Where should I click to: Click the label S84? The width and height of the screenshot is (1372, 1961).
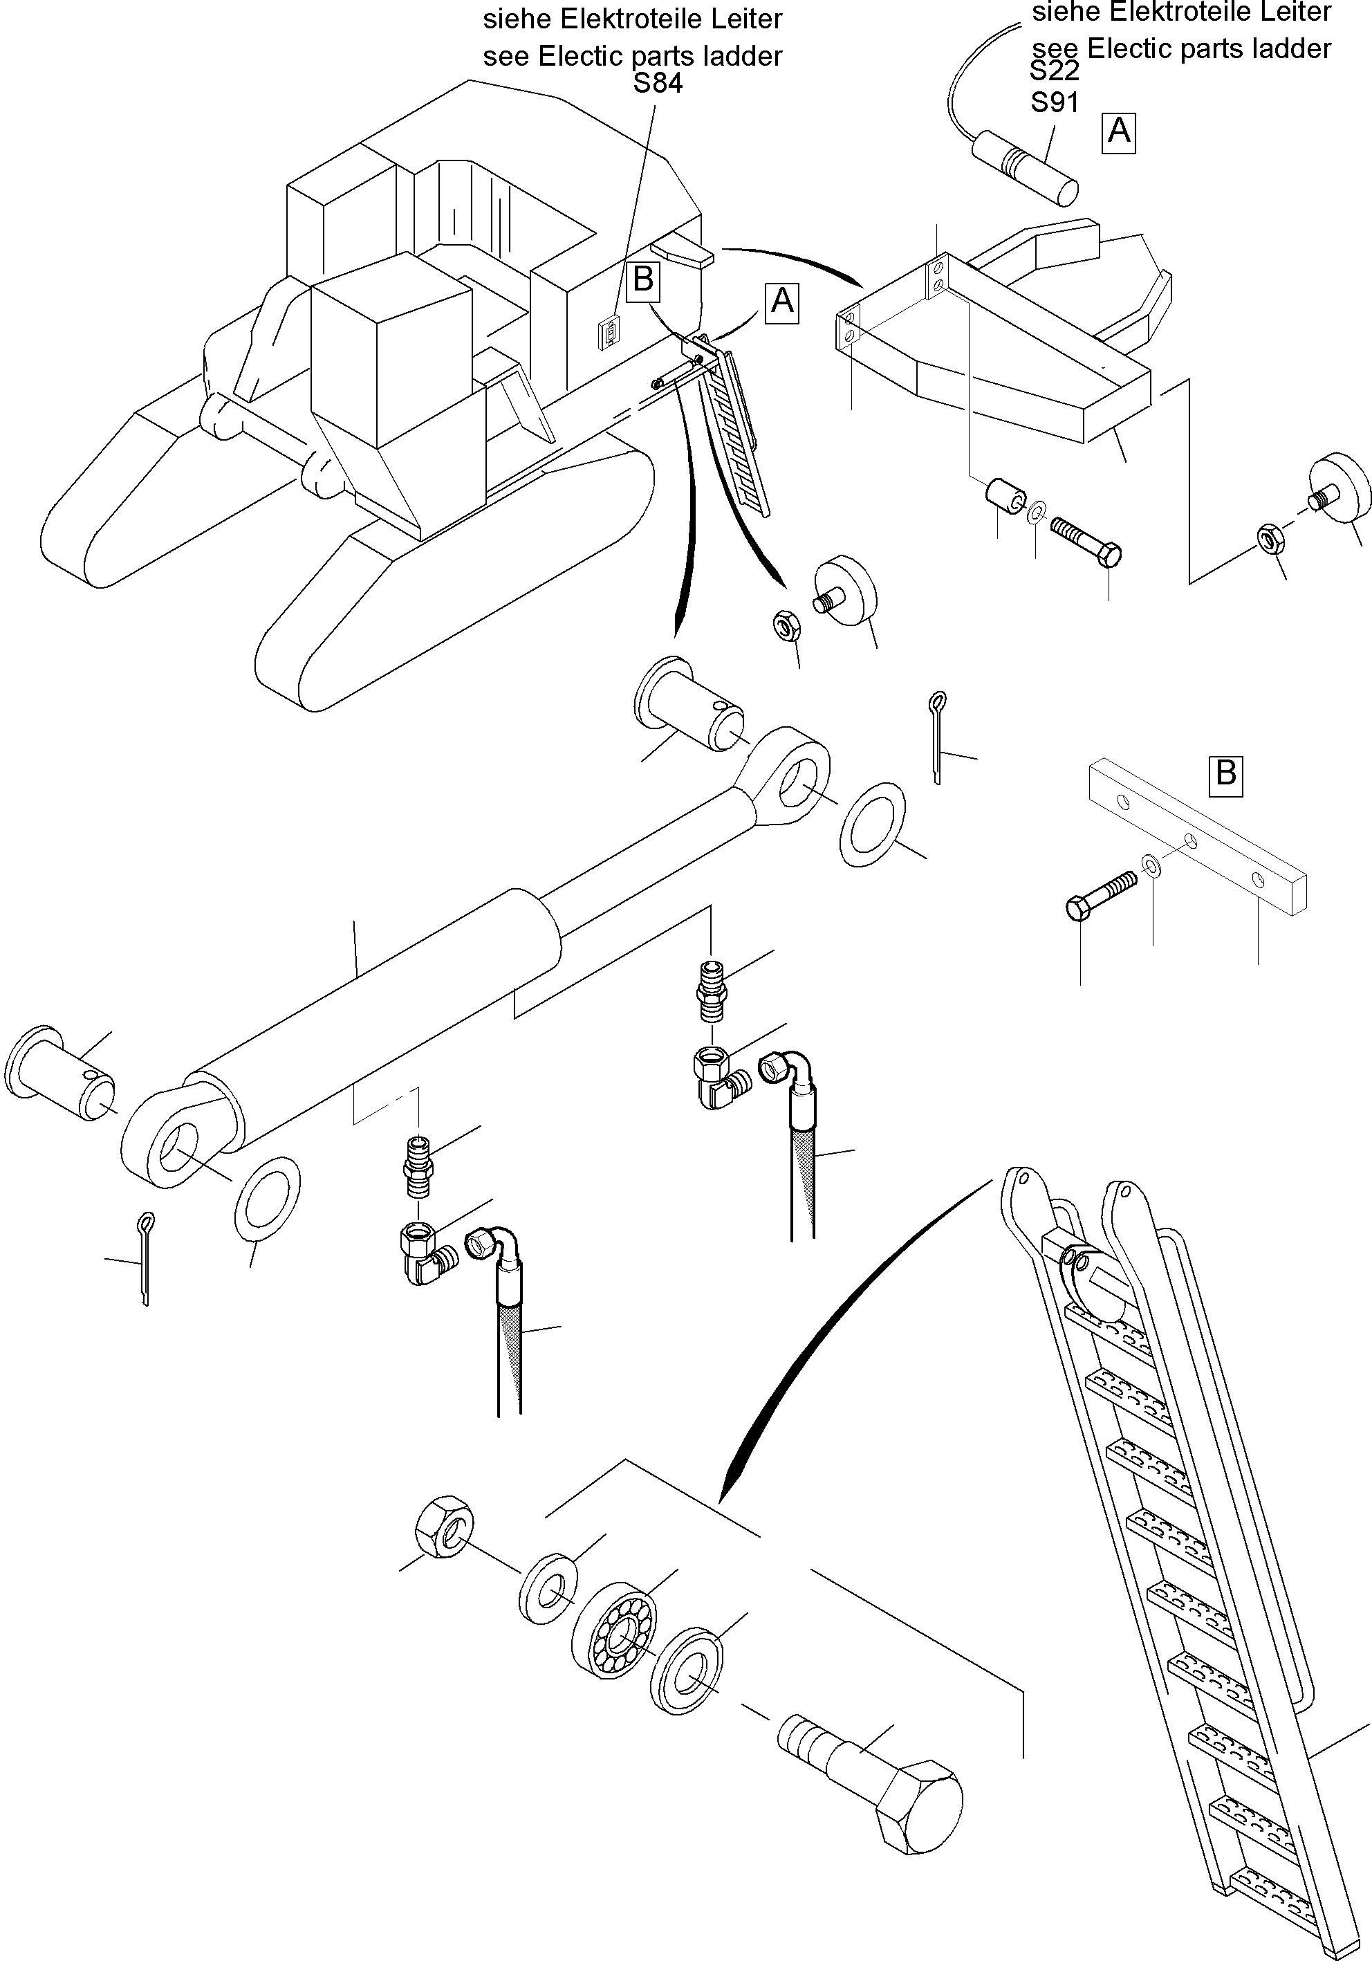point(658,84)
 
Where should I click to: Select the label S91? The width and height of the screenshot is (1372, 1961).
point(1055,102)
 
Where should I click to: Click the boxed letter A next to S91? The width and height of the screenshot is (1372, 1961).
point(1118,131)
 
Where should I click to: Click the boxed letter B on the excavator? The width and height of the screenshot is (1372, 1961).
point(643,279)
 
